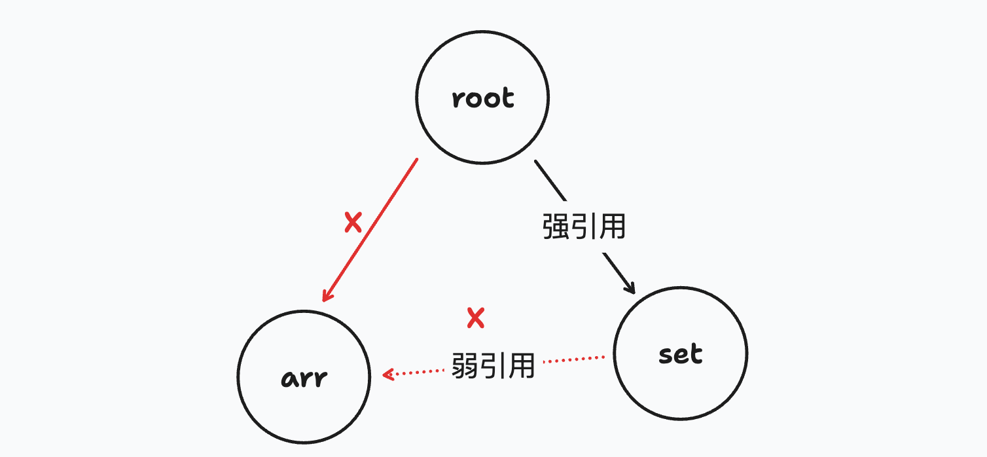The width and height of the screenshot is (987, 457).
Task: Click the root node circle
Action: (482, 98)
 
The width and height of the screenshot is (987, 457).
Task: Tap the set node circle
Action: (681, 354)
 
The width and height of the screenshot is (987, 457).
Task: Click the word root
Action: (483, 99)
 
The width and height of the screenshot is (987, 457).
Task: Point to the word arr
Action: (304, 378)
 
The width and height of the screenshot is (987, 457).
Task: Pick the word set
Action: (681, 354)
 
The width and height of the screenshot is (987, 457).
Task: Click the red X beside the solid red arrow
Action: (353, 223)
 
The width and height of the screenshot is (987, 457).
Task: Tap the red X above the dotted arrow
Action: (475, 318)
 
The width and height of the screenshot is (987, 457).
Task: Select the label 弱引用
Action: (493, 365)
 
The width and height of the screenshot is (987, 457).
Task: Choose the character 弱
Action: (465, 365)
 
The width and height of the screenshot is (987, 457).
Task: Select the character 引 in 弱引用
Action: (493, 365)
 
